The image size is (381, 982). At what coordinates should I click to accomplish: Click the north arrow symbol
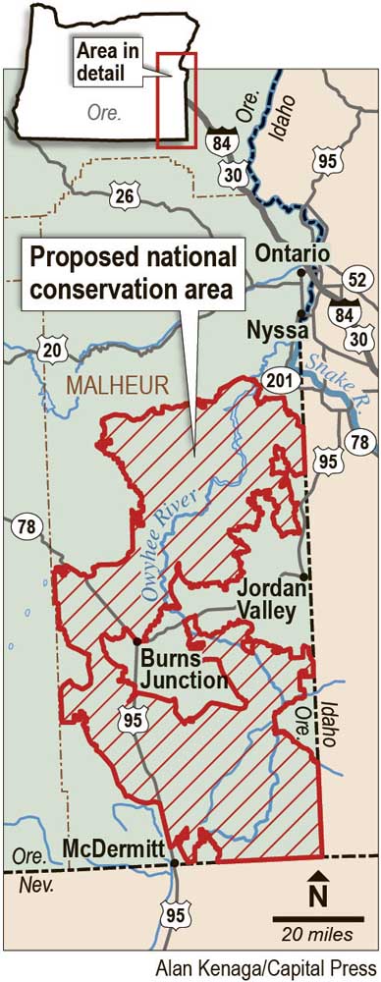pos(317,889)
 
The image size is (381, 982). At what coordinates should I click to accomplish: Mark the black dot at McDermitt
pos(175,863)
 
